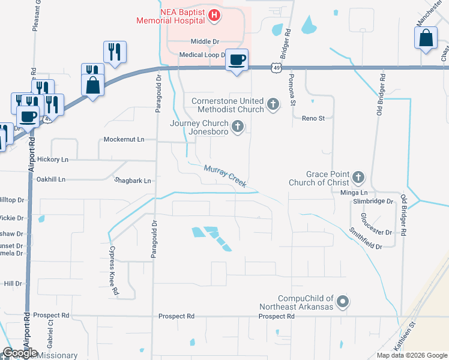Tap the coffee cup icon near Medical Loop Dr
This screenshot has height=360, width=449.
point(237,59)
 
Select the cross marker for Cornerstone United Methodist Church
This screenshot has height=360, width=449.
point(273,105)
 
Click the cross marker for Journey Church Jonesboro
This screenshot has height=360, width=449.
point(238,127)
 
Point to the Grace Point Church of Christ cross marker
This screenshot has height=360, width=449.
point(358,177)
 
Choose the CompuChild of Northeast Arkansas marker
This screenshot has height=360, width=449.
point(343,302)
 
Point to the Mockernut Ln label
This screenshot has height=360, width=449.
point(124,139)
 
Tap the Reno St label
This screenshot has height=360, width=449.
point(313,119)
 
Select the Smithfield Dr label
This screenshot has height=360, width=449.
point(366,238)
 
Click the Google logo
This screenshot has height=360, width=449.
point(20,353)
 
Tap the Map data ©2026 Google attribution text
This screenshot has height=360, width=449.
point(411,355)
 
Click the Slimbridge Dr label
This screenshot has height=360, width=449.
point(373,202)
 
